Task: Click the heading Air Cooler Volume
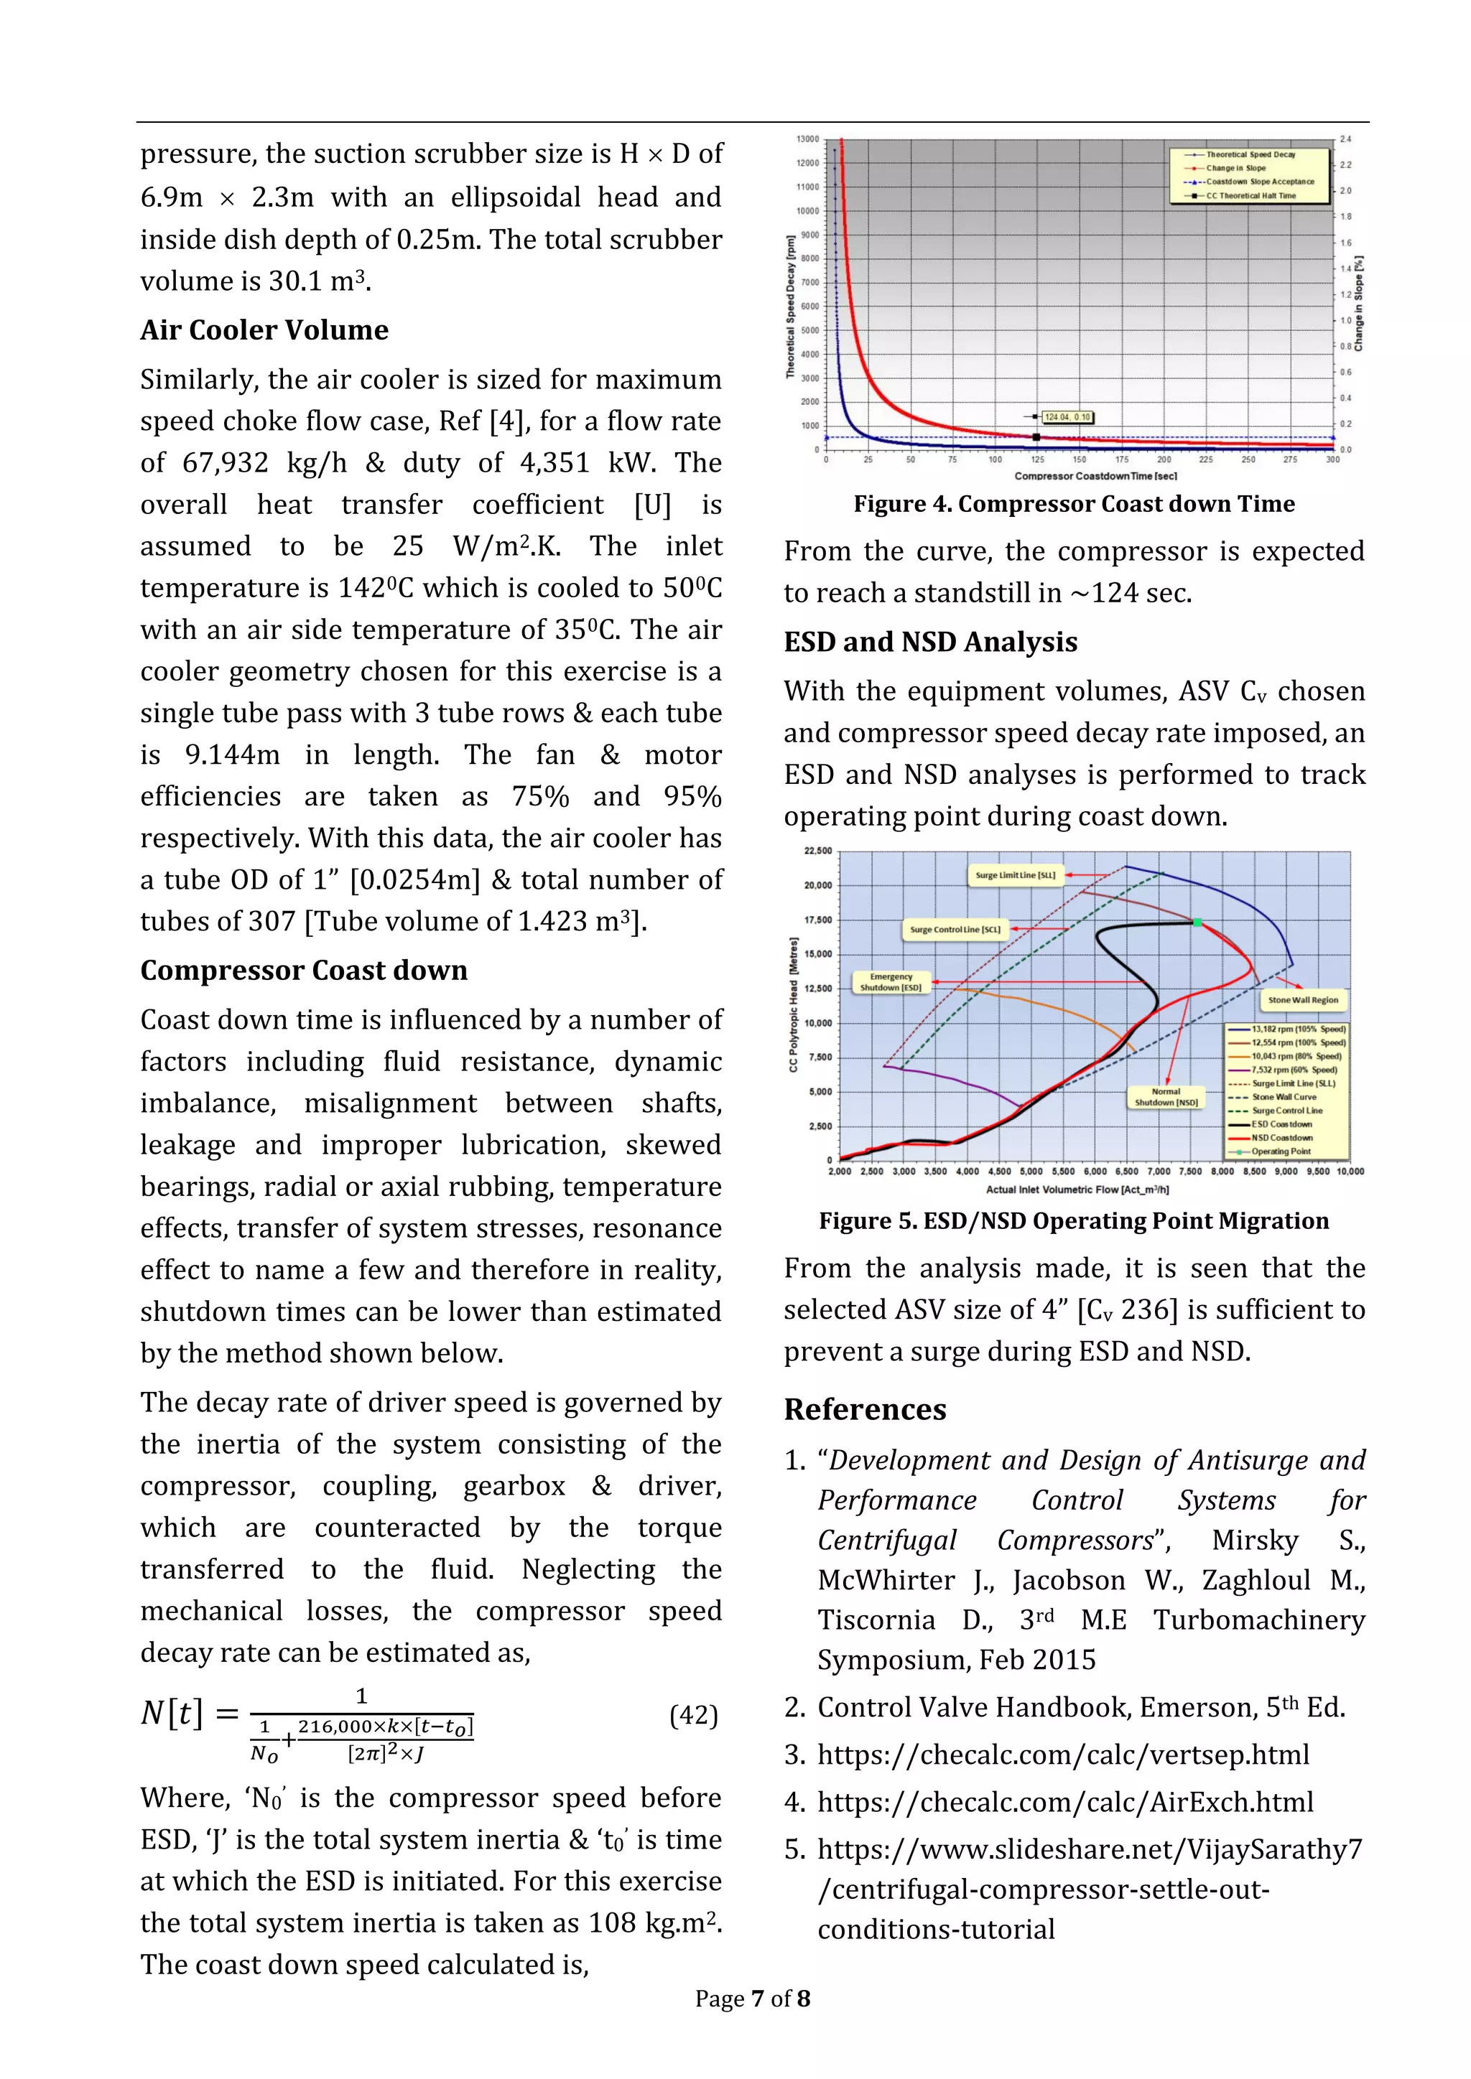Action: click(264, 330)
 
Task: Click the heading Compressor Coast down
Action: click(303, 971)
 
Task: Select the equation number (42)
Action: click(693, 1715)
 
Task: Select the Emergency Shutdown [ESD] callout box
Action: click(891, 983)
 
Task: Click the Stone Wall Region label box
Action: click(1302, 1001)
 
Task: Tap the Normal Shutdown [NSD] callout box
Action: click(1166, 1098)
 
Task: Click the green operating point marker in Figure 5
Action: click(1197, 922)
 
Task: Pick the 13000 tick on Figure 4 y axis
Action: click(807, 139)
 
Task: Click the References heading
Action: click(865, 1410)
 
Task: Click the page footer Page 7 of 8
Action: click(752, 1999)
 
